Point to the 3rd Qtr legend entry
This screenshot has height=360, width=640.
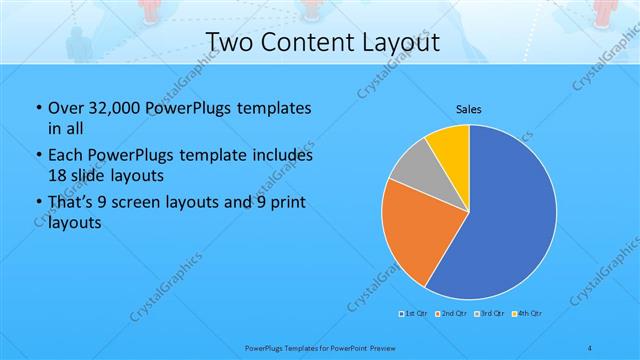tap(491, 315)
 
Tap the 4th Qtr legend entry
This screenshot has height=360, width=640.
tap(529, 315)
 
